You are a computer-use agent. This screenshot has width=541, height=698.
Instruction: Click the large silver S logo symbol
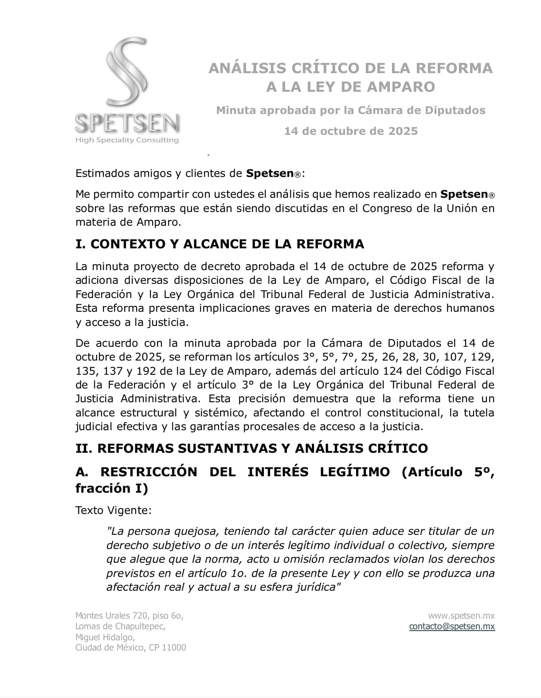[x=127, y=73]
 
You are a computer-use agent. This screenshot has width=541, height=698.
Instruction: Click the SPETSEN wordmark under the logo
[x=127, y=123]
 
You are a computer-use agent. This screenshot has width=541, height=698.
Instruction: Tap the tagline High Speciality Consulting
[x=127, y=140]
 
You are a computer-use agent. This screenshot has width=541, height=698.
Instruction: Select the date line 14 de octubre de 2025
[x=351, y=131]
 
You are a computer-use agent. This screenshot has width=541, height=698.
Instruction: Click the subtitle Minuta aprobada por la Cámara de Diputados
[x=351, y=110]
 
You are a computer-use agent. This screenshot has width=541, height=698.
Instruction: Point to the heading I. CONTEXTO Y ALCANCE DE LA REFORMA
[x=220, y=244]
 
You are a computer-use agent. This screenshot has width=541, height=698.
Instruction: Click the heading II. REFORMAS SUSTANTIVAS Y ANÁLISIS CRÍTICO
[x=251, y=448]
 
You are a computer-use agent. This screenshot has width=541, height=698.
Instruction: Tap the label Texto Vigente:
[x=114, y=510]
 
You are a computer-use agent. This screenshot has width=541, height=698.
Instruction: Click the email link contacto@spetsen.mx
[x=452, y=626]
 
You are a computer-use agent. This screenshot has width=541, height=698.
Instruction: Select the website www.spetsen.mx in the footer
[x=461, y=616]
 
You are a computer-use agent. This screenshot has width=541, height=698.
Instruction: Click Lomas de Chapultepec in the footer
[x=120, y=626]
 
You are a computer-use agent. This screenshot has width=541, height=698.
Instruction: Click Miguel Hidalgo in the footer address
[x=105, y=637]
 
